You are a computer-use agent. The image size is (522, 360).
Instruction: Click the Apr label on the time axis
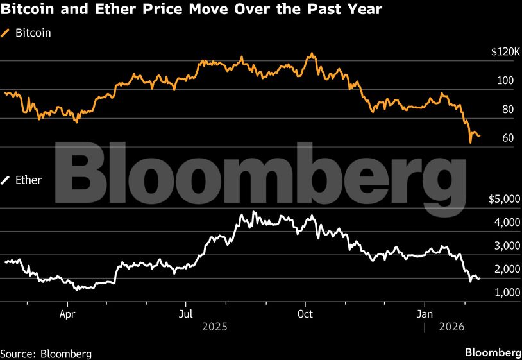coord(67,314)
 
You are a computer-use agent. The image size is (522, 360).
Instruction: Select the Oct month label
coord(306,314)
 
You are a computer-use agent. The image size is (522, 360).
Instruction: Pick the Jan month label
coord(425,314)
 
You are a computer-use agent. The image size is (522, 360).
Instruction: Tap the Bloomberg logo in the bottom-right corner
coord(493,353)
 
